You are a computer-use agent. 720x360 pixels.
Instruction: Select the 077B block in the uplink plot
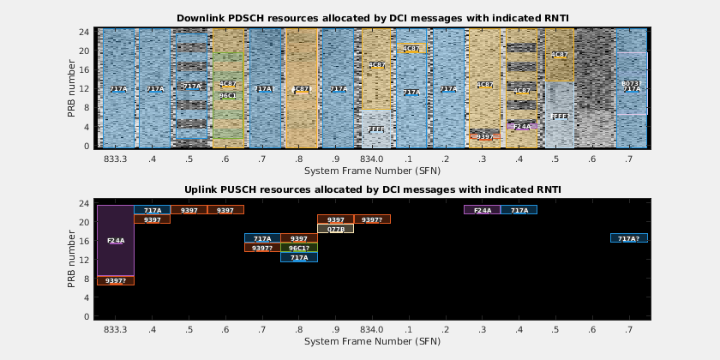click(335, 229)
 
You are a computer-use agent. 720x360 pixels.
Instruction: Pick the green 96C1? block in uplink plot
click(299, 248)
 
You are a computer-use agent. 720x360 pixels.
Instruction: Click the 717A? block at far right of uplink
click(628, 238)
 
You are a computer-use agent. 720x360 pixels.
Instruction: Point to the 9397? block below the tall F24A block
click(116, 280)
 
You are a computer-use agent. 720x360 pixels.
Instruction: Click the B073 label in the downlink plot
click(631, 83)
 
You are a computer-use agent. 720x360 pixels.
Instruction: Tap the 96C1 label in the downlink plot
click(227, 95)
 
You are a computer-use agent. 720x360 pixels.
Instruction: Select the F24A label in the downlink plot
click(522, 126)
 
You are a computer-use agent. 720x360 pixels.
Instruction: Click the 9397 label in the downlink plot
click(485, 136)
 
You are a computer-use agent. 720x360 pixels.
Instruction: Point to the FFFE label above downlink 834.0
click(376, 129)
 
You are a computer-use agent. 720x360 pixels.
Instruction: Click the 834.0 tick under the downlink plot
click(372, 159)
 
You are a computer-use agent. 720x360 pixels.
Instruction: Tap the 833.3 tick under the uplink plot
click(116, 330)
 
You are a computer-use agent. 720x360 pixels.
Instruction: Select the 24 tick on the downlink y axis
click(85, 32)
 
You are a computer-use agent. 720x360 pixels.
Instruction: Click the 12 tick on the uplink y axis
click(85, 260)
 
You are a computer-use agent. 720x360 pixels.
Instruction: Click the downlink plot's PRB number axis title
click(73, 87)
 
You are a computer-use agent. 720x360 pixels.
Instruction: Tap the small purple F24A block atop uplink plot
click(483, 210)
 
